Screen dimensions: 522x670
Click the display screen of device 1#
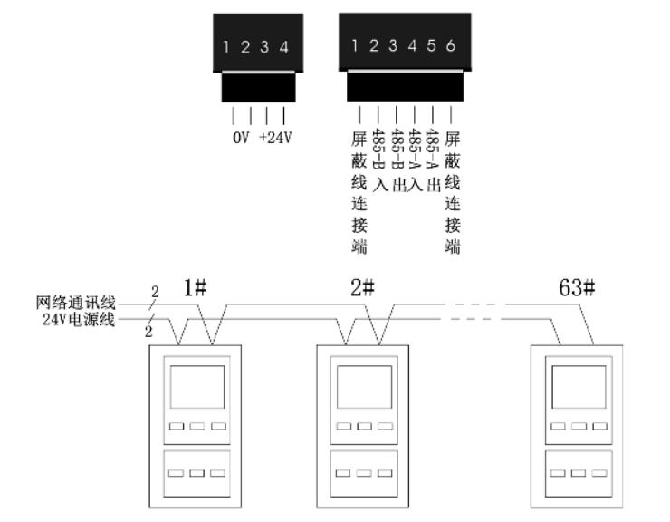[196, 389]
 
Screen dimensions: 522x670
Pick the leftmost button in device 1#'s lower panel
[176, 472]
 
